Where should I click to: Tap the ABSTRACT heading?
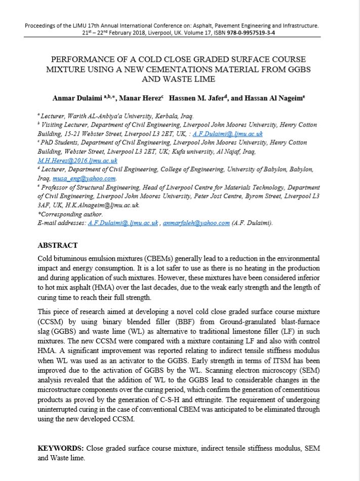58,246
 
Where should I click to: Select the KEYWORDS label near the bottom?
61,449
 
